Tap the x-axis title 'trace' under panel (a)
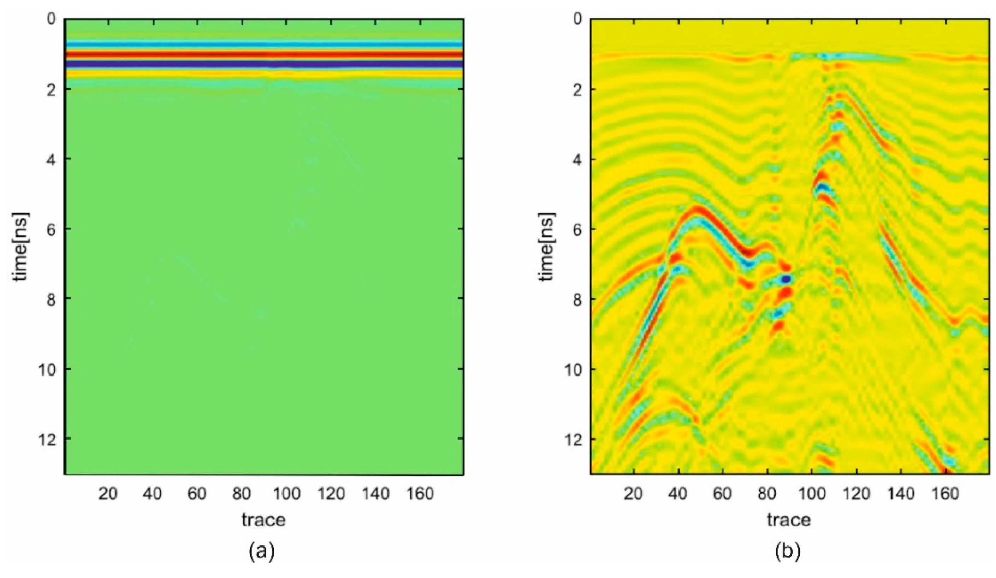coord(263,519)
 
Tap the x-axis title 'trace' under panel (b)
coord(789,519)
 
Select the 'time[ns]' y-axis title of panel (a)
coord(21,246)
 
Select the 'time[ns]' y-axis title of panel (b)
coord(547,246)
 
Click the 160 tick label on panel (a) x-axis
coord(419,494)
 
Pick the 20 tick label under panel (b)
coord(634,494)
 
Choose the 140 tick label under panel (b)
coord(900,494)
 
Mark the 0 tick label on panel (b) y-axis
coord(577,19)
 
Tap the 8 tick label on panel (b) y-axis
coord(577,299)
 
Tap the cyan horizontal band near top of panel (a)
coord(263,44)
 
